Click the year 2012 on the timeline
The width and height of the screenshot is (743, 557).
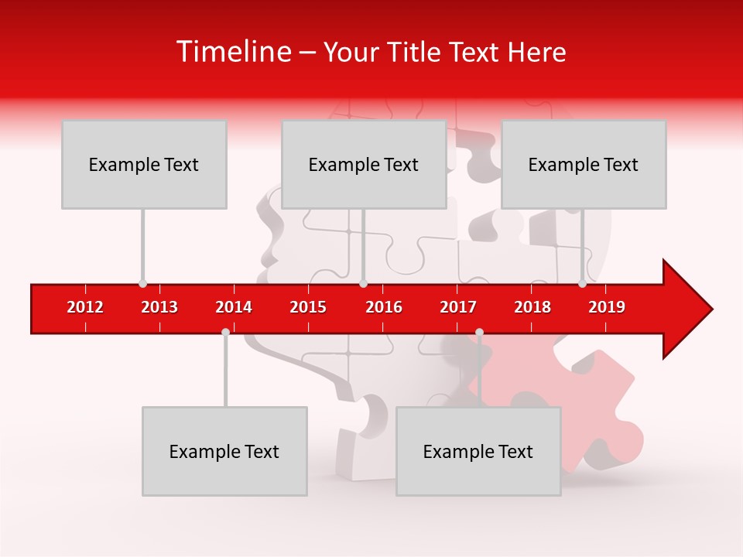[85, 307]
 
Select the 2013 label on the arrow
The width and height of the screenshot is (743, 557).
[159, 307]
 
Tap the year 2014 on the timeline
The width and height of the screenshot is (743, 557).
[234, 307]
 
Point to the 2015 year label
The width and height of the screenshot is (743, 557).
[308, 307]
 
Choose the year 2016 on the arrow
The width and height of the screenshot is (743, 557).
[384, 307]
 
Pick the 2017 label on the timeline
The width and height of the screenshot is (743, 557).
[458, 307]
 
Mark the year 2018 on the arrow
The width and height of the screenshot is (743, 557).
[532, 307]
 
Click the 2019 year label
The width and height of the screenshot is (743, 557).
[607, 307]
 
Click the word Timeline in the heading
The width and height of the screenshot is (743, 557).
[232, 52]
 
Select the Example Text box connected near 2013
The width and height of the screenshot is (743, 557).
[144, 164]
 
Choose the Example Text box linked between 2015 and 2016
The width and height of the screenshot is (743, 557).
[364, 164]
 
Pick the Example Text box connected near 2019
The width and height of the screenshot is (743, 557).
[584, 164]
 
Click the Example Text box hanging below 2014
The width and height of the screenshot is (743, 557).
[224, 451]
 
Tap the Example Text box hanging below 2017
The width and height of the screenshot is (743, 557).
[478, 451]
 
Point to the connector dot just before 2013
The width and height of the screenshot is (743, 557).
[142, 284]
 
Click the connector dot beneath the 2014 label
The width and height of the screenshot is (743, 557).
[225, 332]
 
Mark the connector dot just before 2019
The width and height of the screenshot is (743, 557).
[582, 284]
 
